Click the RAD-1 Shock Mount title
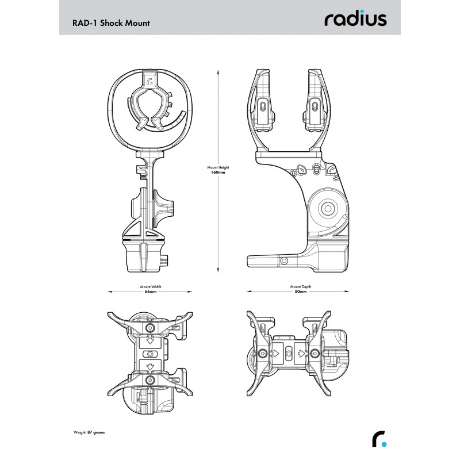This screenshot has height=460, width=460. tap(111, 23)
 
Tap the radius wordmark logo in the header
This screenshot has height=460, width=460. tap(355, 19)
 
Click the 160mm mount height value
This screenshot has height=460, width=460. tap(218, 172)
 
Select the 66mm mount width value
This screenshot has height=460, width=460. tap(151, 292)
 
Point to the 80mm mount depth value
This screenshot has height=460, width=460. tap(301, 292)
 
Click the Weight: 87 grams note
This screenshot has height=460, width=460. tap(89, 432)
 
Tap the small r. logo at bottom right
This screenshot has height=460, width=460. tap(379, 439)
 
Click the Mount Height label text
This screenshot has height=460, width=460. tap(218, 167)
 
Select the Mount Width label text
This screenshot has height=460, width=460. tap(151, 286)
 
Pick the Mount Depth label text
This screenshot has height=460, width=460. tap(301, 286)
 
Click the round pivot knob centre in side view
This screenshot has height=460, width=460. tap(328, 209)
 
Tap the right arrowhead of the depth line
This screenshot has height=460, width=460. tap(347, 292)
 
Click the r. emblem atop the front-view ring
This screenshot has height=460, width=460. tap(149, 81)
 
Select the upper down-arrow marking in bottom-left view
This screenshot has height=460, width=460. tap(150, 341)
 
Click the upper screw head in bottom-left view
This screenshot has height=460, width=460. tap(150, 328)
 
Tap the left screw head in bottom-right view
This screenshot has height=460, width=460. tap(262, 353)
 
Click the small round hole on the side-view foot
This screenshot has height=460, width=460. tap(283, 261)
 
